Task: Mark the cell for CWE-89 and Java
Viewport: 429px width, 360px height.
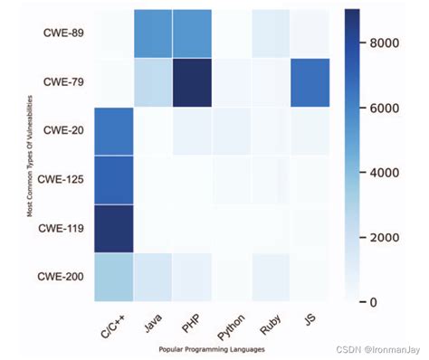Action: (x=160, y=34)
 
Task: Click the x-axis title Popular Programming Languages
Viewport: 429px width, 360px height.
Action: (x=210, y=346)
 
